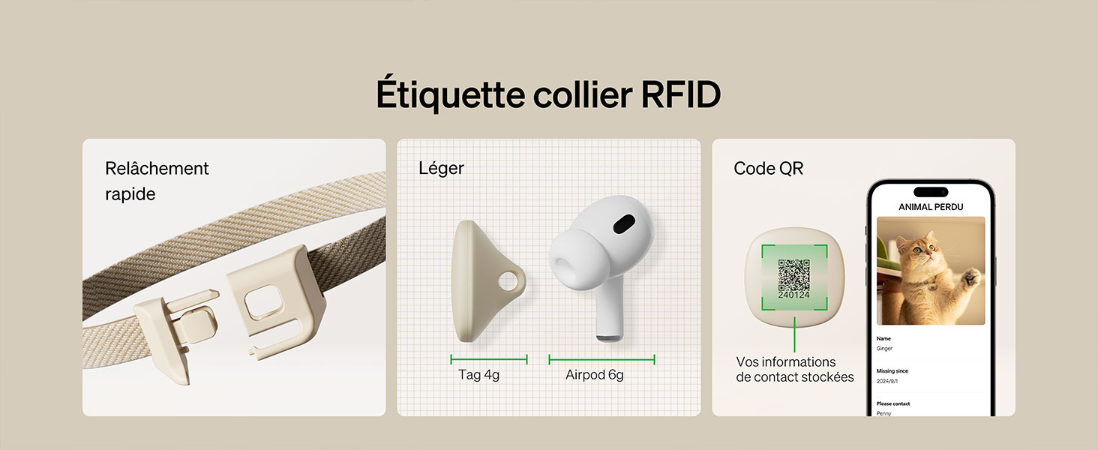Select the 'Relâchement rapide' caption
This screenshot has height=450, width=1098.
tap(157, 181)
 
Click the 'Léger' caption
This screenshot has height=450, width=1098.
tap(441, 169)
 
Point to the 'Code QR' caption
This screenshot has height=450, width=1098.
tap(768, 169)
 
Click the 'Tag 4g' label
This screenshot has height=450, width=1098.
tap(478, 374)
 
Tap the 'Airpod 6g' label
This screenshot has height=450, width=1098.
tap(594, 374)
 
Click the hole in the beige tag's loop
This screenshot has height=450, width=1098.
tap(510, 282)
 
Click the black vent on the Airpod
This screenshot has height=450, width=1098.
tap(622, 224)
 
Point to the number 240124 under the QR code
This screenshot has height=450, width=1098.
tap(793, 295)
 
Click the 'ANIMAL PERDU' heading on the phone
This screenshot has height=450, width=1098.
tap(931, 206)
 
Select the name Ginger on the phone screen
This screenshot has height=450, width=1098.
tap(884, 349)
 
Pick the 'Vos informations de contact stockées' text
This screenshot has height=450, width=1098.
tap(794, 370)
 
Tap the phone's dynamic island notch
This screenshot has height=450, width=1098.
tap(931, 191)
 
